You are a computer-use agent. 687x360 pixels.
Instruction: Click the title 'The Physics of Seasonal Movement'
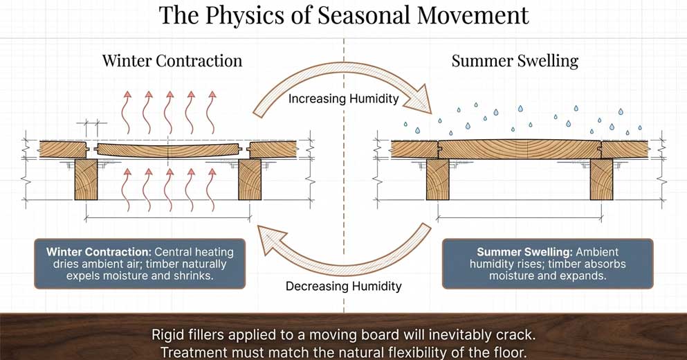point(344,15)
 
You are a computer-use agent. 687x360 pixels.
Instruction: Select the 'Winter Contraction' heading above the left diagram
point(172,61)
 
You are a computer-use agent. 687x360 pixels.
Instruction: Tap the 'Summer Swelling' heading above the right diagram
point(515,61)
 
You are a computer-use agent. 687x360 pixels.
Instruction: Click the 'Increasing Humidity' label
point(344,99)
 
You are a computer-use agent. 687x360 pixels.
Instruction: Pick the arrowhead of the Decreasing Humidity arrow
point(266,239)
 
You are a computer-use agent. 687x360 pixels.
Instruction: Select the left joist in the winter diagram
point(86,179)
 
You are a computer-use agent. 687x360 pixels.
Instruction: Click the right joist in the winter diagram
point(249,179)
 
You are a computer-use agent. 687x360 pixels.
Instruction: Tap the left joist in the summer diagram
point(437,179)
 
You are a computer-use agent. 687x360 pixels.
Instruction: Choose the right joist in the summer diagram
point(601,179)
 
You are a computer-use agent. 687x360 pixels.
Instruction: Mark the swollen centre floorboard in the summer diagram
point(520,149)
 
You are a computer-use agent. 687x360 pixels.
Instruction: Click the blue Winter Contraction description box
point(140,264)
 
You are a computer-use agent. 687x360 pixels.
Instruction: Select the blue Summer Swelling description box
point(547,264)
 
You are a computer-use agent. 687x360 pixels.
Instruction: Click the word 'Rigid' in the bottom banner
point(167,334)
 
